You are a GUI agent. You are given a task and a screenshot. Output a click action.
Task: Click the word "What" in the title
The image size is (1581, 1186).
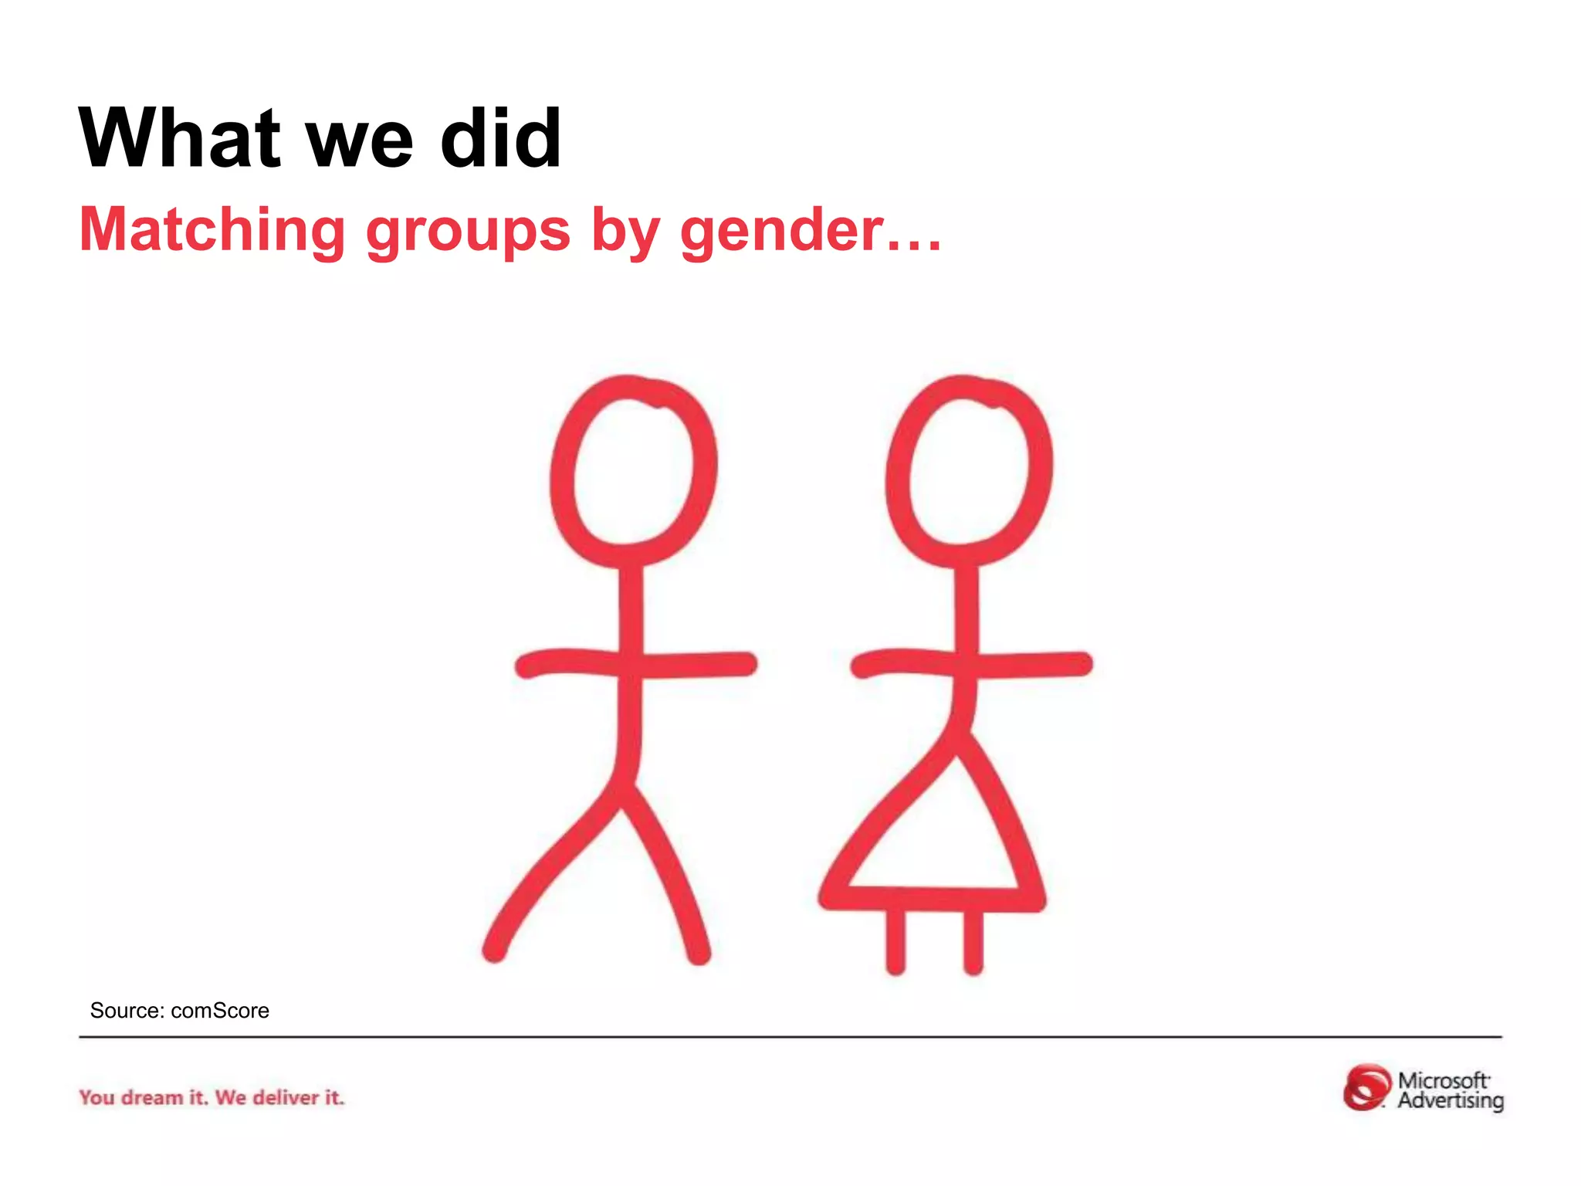[179, 139]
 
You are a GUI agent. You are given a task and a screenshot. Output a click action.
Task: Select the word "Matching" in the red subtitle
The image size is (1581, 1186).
[212, 230]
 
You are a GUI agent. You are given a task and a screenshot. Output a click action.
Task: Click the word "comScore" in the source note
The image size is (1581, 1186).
[220, 1011]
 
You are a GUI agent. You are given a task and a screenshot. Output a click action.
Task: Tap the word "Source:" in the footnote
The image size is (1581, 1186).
[127, 1011]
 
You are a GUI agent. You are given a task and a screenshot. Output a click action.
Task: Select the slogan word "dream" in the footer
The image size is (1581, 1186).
[152, 1097]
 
